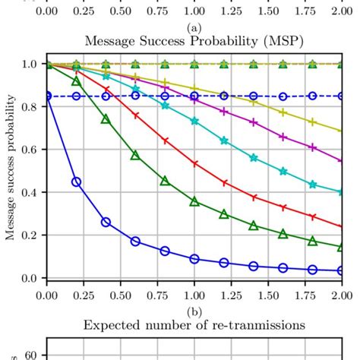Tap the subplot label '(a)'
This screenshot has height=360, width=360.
click(x=194, y=27)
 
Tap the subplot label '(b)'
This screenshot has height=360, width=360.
click(x=194, y=311)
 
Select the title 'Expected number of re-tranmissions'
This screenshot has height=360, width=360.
click(x=194, y=325)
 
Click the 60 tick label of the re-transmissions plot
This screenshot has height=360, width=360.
click(x=33, y=354)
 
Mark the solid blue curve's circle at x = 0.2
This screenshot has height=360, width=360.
click(x=76, y=182)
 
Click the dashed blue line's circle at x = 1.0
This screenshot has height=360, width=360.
click(x=194, y=96)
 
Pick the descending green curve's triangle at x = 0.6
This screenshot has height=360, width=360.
click(x=135, y=155)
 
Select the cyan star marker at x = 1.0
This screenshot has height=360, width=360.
click(x=194, y=122)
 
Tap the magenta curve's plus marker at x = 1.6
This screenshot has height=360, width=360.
click(x=283, y=137)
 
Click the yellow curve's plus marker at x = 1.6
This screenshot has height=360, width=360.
click(x=283, y=112)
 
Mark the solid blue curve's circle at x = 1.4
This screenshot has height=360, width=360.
click(x=253, y=266)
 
